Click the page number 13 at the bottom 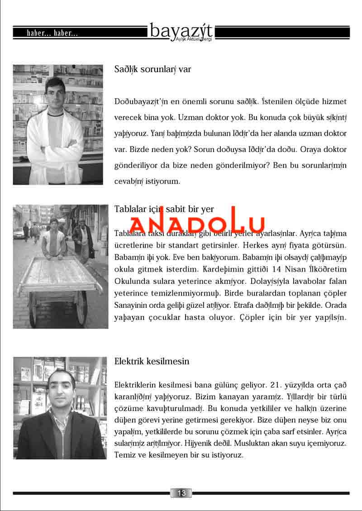pyautogui.click(x=181, y=493)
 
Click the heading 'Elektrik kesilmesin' pyautogui.click(x=152, y=362)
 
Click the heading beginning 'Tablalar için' pyautogui.click(x=164, y=209)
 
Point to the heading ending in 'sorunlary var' pyautogui.click(x=152, y=70)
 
